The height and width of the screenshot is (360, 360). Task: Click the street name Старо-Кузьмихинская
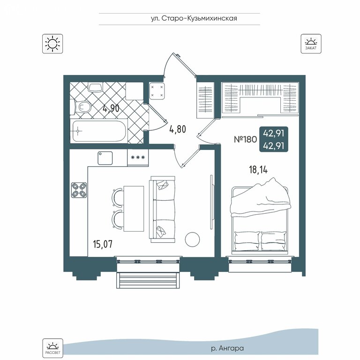pos(199,18)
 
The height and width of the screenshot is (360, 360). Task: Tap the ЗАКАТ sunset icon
pos(311,44)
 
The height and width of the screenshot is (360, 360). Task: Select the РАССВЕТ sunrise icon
pos(52,348)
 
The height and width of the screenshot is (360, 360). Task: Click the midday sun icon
pos(52,44)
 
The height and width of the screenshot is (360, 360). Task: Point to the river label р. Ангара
pos(227,349)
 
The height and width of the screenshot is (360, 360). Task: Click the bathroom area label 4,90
pos(111,108)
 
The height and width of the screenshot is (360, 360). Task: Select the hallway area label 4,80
pos(178,129)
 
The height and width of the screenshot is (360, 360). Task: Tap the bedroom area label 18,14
pos(258,170)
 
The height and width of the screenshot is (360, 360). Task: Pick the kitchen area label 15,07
pos(103,244)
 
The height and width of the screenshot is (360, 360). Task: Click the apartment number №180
pos(245,139)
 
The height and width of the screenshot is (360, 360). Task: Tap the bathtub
pos(99,131)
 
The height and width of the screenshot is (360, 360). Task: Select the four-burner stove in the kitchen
pos(79,190)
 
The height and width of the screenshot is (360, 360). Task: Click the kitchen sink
pos(105,158)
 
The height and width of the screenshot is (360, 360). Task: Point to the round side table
pos(192,240)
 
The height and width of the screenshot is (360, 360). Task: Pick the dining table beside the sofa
pos(134,209)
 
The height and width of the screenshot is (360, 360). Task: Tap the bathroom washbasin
pos(96,87)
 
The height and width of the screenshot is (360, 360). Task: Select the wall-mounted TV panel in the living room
pos(212,202)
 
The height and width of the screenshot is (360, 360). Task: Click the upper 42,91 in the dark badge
pos(273,133)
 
